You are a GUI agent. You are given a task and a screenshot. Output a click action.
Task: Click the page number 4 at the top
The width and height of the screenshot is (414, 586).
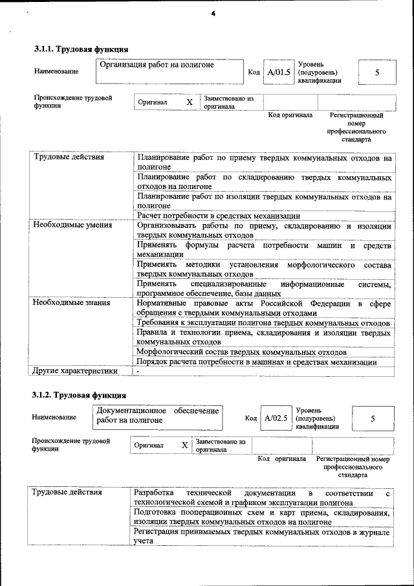point(212,14)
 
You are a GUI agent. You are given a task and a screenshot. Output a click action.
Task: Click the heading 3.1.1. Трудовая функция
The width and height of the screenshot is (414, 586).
point(81,49)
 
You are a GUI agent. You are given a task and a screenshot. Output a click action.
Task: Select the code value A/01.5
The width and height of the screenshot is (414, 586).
point(279,72)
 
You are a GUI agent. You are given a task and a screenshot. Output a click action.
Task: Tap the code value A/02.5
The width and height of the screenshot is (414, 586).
point(276,418)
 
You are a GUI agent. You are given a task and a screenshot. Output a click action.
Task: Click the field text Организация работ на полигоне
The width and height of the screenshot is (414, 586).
point(157,65)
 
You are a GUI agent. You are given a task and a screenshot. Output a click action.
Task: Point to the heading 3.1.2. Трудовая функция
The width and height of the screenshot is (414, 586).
point(80,395)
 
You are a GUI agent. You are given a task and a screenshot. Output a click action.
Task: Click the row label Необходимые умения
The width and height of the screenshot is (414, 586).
point(72,225)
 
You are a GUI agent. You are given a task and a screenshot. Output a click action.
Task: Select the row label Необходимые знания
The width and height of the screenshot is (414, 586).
point(71,302)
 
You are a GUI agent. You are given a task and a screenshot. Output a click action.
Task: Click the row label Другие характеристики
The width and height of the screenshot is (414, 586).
point(75,371)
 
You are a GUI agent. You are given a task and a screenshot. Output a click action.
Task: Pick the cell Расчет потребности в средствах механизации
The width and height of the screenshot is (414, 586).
point(218,216)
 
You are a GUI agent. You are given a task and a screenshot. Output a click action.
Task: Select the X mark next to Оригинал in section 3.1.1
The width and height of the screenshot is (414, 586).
point(190,102)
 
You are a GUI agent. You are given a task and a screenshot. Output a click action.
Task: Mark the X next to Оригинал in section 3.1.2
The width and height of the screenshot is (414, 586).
point(185,445)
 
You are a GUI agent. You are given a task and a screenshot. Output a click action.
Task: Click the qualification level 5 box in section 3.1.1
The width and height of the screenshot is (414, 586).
point(377,72)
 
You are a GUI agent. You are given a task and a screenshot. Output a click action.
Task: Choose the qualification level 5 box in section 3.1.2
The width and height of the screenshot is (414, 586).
point(373,419)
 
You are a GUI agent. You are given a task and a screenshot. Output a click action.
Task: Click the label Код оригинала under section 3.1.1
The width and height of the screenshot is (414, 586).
point(290,115)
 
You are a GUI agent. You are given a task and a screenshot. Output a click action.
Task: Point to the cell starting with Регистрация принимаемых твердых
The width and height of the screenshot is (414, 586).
point(261,535)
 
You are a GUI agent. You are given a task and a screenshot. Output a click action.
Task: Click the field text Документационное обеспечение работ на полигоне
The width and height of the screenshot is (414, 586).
point(157,415)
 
